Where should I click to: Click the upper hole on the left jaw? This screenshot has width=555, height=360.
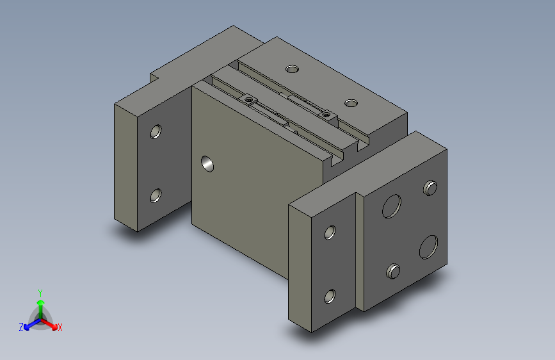[155, 132]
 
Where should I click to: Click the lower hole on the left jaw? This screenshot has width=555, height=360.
[155, 195]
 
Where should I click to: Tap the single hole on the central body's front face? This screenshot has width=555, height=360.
[207, 164]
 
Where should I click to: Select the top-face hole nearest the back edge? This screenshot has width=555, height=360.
[292, 69]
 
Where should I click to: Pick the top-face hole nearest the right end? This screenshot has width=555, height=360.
[350, 103]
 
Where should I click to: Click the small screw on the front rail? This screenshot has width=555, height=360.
[248, 100]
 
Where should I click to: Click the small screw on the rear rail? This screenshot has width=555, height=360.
[326, 114]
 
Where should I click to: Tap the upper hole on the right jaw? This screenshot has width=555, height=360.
[330, 232]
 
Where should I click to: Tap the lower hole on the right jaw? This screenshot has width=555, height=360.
[330, 295]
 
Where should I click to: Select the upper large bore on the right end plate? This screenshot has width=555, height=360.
[391, 206]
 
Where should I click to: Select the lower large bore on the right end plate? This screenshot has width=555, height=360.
[429, 247]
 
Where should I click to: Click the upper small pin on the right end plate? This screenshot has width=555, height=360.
[431, 188]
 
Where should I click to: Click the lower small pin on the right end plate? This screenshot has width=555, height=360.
[392, 271]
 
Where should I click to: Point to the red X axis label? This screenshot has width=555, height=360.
[60, 328]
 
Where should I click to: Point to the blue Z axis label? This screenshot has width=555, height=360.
[20, 327]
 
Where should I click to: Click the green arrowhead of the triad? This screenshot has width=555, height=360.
[40, 302]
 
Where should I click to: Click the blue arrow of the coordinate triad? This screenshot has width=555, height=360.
[29, 323]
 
